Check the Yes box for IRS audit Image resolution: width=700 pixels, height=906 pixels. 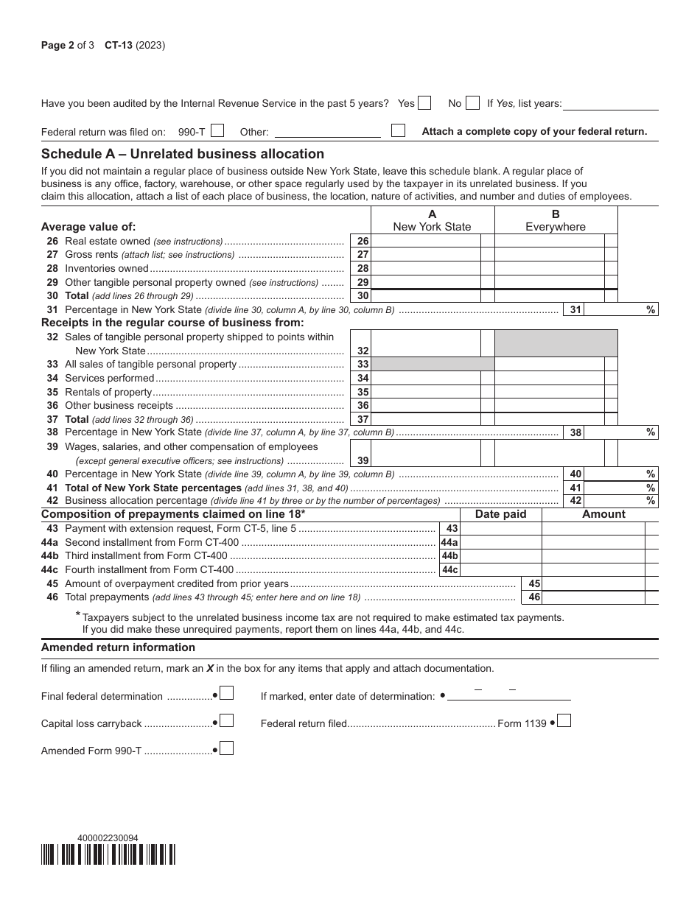(x=424, y=103)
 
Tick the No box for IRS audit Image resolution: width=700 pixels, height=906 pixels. (x=473, y=103)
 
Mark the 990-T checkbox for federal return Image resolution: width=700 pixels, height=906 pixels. (x=217, y=131)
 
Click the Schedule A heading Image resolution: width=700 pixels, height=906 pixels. (x=183, y=154)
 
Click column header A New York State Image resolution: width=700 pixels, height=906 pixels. (x=432, y=220)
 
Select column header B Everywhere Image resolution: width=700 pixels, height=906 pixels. (x=556, y=220)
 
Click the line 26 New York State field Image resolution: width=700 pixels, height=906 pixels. (x=426, y=242)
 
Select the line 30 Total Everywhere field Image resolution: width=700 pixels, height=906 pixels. (x=549, y=296)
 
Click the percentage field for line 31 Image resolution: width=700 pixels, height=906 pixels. (x=613, y=310)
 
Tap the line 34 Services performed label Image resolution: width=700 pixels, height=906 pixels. (x=110, y=379)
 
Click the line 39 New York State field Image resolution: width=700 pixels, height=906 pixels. (x=426, y=460)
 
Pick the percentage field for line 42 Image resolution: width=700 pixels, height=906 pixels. (x=613, y=501)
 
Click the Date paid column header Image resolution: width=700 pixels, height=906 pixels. (x=501, y=514)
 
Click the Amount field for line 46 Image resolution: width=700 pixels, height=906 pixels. (x=593, y=597)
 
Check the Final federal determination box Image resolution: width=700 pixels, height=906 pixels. (x=228, y=693)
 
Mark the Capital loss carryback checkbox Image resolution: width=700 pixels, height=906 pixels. (x=228, y=721)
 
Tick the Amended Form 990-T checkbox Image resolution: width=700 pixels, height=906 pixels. (x=228, y=749)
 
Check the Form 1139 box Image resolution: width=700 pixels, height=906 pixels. (x=564, y=721)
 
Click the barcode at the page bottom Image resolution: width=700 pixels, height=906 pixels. (x=108, y=854)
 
